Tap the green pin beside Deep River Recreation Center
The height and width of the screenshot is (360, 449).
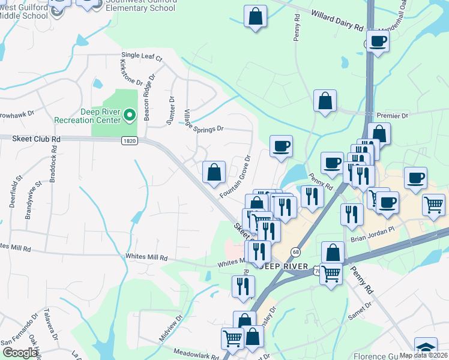click(129, 114)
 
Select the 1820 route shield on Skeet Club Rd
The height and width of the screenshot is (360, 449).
click(128, 140)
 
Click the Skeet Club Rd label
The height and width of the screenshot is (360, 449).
click(37, 139)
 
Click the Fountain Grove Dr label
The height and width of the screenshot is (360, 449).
click(235, 176)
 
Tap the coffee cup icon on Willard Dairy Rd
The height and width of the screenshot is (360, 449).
click(378, 41)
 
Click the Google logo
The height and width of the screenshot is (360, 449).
click(20, 353)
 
